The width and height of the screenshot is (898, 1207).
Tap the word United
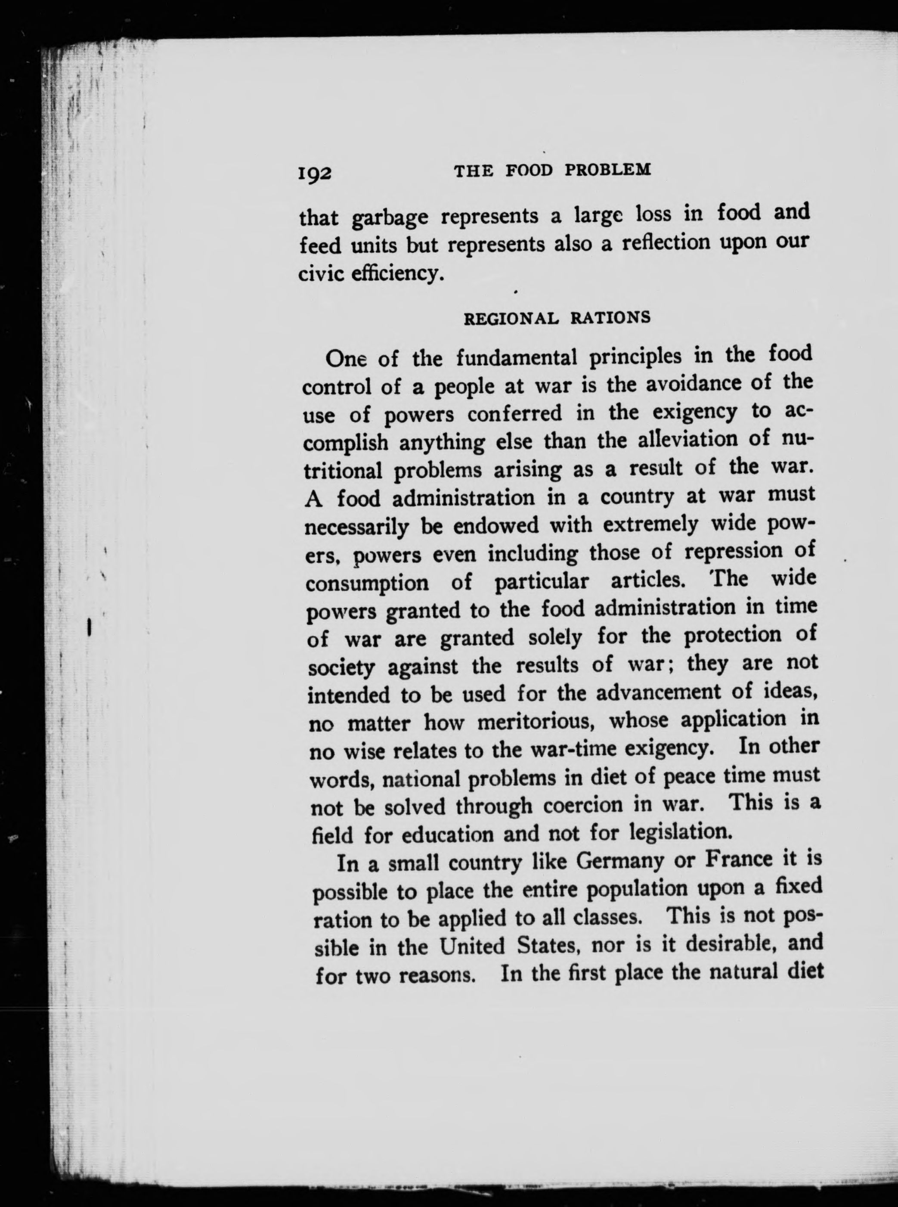point(472,946)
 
